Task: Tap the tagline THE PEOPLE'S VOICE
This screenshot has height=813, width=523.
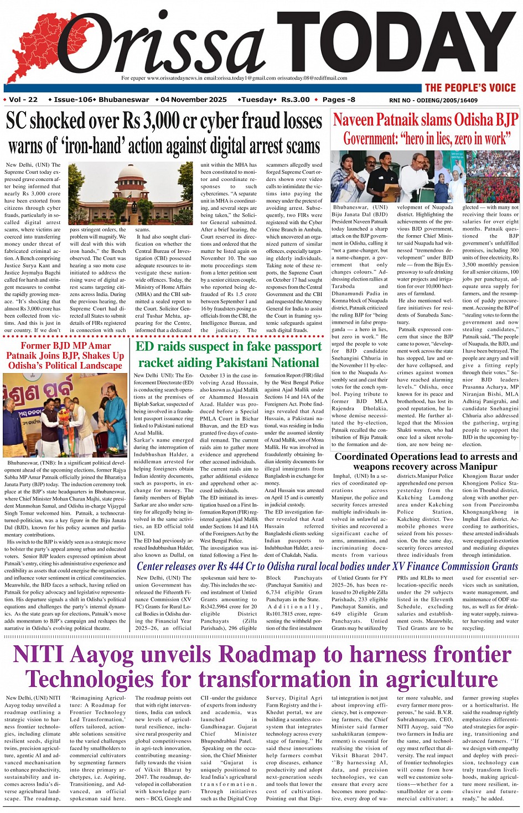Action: pyautogui.click(x=470, y=87)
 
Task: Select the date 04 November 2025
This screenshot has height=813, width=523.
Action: pyautogui.click(x=194, y=100)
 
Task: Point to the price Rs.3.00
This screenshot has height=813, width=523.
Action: pyautogui.click(x=296, y=100)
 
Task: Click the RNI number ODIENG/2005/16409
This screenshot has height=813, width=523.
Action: pyautogui.click(x=433, y=100)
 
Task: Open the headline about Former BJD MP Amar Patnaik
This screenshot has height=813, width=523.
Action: pyautogui.click(x=65, y=355)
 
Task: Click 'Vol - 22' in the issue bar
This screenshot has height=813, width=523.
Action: pyautogui.click(x=23, y=100)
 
